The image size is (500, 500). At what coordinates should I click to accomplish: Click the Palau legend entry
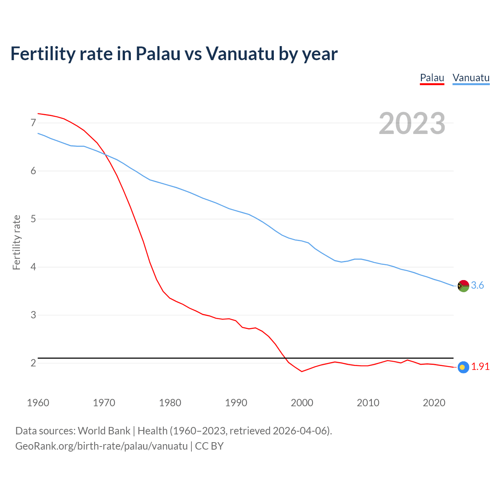point(432,78)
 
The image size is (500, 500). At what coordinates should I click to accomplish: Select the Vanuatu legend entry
point(471,78)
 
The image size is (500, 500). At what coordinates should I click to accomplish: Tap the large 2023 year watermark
point(412,123)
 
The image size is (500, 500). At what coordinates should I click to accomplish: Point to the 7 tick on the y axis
point(33,123)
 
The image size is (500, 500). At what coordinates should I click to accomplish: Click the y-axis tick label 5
point(33,219)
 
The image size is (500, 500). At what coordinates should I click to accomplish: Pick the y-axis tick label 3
point(33,315)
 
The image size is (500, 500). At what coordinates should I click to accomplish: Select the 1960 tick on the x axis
point(38,403)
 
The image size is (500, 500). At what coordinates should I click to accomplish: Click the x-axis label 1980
point(170,403)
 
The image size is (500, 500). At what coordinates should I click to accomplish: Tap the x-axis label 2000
point(302,403)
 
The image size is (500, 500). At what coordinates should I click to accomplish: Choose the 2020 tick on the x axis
point(434,403)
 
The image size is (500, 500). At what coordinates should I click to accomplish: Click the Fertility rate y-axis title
point(16,242)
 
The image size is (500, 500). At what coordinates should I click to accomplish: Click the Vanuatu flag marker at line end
point(463,286)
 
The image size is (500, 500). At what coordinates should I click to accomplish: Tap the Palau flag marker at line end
point(463,367)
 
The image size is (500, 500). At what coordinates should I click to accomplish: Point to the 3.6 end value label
point(477,286)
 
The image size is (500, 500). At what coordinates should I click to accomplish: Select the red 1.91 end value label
point(480,367)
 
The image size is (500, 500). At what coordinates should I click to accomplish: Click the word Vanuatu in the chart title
point(240,54)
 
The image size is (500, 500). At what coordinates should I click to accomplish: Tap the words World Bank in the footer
point(104,431)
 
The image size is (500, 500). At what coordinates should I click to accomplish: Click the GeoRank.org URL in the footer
point(102,446)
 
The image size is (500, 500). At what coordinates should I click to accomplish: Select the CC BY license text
point(209,446)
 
